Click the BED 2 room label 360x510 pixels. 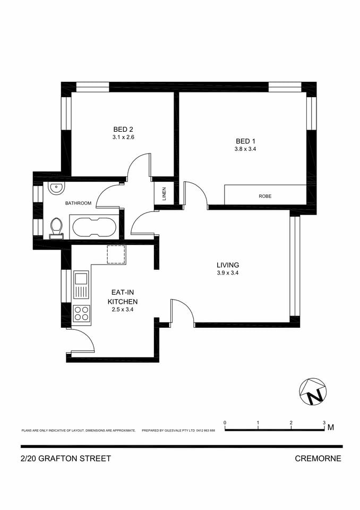point(123,129)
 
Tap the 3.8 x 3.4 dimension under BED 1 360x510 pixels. point(246,149)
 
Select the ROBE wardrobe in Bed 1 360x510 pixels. point(265,195)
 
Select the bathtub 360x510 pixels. point(94,227)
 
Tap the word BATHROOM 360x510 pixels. point(78,203)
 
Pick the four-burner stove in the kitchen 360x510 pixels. point(81,313)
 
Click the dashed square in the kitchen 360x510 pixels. point(116,254)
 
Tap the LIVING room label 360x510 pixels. point(228,265)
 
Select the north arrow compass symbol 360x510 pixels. point(313,392)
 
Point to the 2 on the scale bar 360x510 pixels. point(291,423)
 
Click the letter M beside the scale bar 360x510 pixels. point(331,427)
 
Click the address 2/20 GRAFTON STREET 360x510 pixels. point(66,458)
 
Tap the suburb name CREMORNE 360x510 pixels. point(318,458)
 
